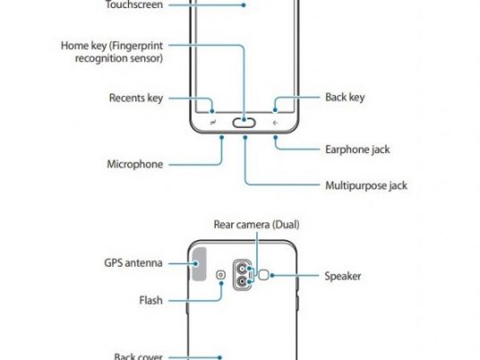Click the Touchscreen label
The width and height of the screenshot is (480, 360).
click(x=134, y=4)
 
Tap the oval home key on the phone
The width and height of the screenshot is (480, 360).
click(x=244, y=123)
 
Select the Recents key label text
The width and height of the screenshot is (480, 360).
click(x=136, y=98)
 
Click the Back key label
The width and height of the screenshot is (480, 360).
click(x=345, y=97)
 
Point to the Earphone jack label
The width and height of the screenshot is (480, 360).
click(x=357, y=150)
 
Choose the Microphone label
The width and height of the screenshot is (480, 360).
click(x=135, y=164)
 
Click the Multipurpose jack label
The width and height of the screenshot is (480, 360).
click(x=366, y=185)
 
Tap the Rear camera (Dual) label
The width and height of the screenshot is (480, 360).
click(x=256, y=225)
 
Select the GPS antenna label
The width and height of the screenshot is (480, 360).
click(x=133, y=263)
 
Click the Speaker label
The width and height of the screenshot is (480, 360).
click(x=343, y=276)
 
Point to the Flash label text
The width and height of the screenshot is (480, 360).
click(x=151, y=300)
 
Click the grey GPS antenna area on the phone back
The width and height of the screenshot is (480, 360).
click(x=199, y=264)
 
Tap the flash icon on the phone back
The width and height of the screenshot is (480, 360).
click(x=220, y=275)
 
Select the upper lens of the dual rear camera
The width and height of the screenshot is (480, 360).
click(x=242, y=269)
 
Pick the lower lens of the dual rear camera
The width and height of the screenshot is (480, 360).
click(x=242, y=281)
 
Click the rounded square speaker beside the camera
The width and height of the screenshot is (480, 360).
click(x=263, y=275)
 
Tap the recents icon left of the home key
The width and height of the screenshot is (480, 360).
click(x=213, y=123)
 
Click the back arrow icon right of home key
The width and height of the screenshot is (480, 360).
click(x=275, y=123)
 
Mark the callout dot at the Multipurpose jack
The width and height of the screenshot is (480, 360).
click(x=244, y=138)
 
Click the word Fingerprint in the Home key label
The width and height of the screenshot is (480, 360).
click(x=137, y=46)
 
